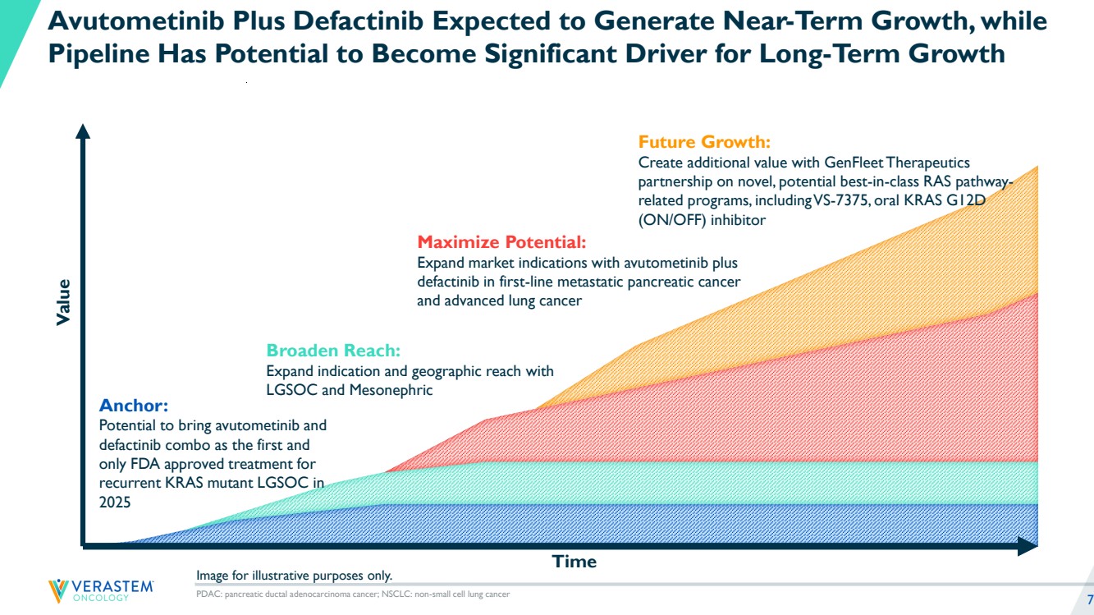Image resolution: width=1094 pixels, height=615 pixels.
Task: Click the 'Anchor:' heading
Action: point(133,406)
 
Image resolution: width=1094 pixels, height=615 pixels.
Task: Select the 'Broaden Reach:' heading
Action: point(333,351)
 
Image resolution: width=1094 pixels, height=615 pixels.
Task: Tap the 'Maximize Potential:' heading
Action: point(501,242)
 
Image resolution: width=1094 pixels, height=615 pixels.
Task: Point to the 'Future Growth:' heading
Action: point(704,141)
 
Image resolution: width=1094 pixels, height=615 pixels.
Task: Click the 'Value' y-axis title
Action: point(64,301)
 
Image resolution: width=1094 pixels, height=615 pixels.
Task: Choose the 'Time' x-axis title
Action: point(574,562)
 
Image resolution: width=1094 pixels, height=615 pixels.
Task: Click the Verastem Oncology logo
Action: point(100,590)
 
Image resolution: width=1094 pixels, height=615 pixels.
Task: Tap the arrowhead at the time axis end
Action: point(1027,545)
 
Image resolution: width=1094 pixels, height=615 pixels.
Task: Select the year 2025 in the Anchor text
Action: point(115,502)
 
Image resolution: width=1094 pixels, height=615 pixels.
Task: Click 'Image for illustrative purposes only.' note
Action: point(295,575)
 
